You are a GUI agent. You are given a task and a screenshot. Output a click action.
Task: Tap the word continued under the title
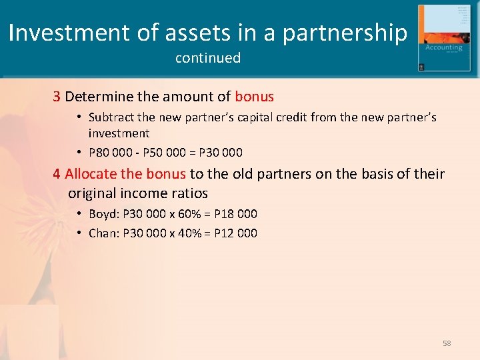pyautogui.click(x=207, y=58)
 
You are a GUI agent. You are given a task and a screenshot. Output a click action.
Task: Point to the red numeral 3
pyautogui.click(x=57, y=97)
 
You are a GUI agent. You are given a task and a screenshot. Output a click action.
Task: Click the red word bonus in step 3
pyautogui.click(x=254, y=97)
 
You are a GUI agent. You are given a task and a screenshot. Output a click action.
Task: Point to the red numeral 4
pyautogui.click(x=57, y=174)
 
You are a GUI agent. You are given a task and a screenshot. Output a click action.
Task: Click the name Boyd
pyautogui.click(x=103, y=214)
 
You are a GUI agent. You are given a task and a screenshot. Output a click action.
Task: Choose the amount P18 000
pyautogui.click(x=235, y=214)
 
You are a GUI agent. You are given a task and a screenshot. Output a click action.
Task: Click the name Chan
pyautogui.click(x=103, y=233)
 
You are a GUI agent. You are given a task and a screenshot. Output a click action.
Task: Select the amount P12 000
pyautogui.click(x=235, y=233)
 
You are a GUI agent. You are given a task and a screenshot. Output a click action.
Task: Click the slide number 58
pyautogui.click(x=447, y=343)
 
